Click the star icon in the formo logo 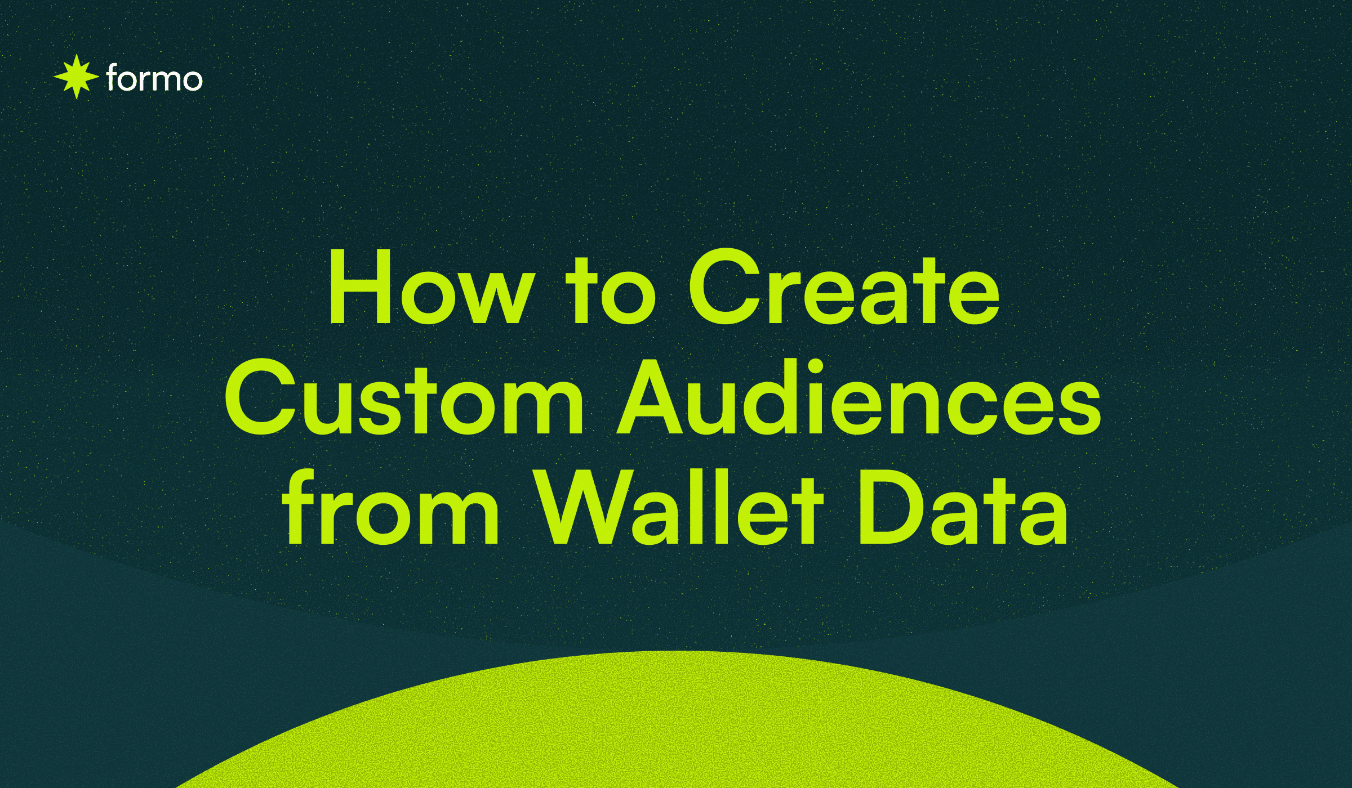tap(77, 77)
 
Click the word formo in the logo tap(154, 79)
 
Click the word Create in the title tap(844, 288)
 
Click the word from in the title tap(390, 508)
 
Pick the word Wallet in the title tap(679, 508)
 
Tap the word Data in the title tap(962, 508)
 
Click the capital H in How tap(361, 287)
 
